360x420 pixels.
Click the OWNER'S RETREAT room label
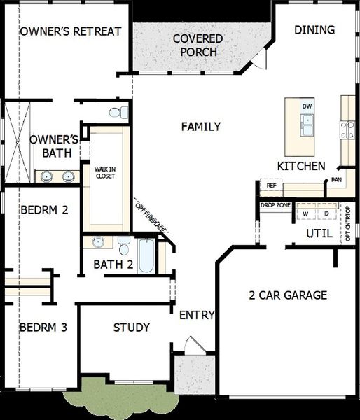point(71,31)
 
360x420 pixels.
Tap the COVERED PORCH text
point(198,45)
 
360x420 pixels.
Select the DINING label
point(314,30)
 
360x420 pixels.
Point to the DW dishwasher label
point(306,106)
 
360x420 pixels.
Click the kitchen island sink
point(306,125)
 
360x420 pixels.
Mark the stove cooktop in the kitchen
point(347,129)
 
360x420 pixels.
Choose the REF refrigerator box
point(270,186)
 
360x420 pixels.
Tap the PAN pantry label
point(336,180)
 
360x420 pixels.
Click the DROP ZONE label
point(275,205)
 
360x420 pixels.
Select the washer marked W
point(305,213)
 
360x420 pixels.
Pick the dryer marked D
point(326,213)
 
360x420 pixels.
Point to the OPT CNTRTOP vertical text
point(348,224)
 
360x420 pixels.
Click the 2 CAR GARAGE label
point(288,295)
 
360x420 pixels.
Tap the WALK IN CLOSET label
point(105,171)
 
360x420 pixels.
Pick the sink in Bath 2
point(98,242)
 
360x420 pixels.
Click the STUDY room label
point(132,328)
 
